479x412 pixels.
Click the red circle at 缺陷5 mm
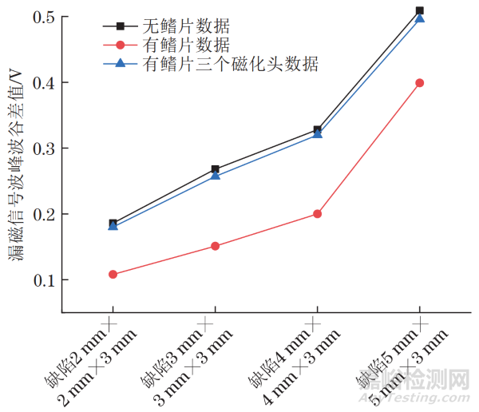[x=420, y=83]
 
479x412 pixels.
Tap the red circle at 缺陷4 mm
[x=318, y=214]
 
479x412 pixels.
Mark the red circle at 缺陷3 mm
[x=216, y=246]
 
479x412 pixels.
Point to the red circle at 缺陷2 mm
[x=113, y=275]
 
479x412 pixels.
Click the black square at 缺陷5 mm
[x=420, y=10]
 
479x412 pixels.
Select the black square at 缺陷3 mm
[x=216, y=169]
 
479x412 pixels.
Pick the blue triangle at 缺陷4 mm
[x=318, y=133]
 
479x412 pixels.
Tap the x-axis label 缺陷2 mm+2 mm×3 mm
[x=96, y=351]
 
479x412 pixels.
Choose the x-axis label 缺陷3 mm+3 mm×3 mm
[x=198, y=351]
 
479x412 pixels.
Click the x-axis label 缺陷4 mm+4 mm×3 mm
[x=300, y=351]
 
